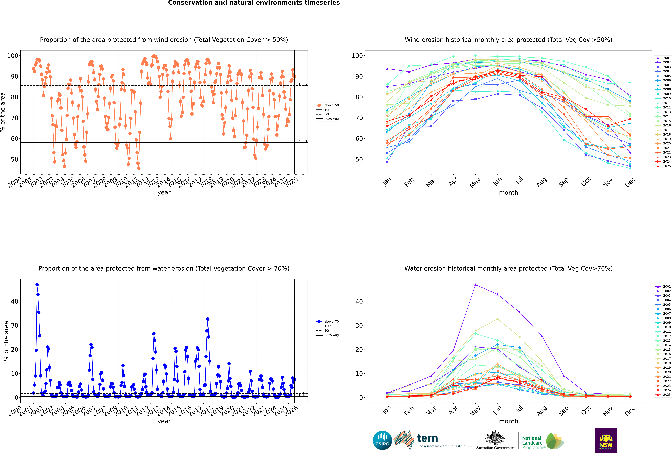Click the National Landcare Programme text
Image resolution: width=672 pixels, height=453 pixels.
point(532,443)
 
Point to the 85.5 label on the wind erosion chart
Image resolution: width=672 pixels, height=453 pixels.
point(303,84)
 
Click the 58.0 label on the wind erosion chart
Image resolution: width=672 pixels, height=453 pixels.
point(303,141)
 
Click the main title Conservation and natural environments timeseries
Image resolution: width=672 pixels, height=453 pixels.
point(254,3)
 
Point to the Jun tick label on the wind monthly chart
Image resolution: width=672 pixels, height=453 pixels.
point(497,181)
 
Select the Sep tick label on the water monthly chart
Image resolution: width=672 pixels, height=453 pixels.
point(563,410)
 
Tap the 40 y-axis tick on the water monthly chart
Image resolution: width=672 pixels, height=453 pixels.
point(359,301)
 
